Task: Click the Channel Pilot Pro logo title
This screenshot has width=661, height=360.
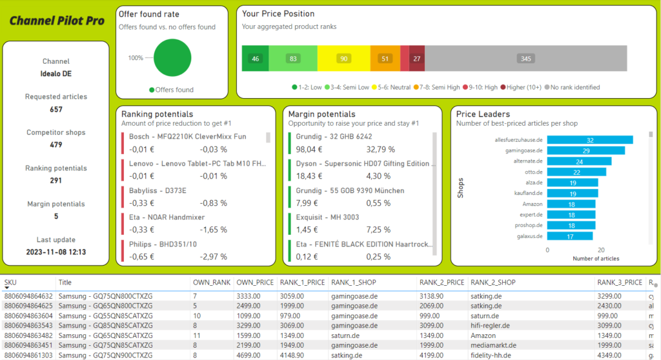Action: click(57, 21)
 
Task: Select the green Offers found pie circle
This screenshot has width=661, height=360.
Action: click(173, 57)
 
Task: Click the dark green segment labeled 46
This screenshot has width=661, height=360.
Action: click(256, 59)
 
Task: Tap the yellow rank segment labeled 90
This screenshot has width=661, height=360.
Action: click(343, 59)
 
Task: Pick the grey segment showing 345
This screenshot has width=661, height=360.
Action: click(525, 59)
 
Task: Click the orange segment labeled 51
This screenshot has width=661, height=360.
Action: click(385, 59)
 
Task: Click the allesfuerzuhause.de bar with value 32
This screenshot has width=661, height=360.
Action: click(589, 140)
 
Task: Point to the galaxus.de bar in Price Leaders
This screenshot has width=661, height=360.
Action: click(570, 236)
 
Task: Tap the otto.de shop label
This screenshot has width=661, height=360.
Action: click(533, 172)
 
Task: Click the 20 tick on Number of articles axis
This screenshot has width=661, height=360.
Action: click(600, 250)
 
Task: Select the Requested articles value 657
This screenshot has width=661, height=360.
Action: click(56, 110)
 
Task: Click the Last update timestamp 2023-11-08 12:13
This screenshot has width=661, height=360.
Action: click(56, 252)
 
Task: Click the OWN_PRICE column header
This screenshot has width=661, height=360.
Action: click(254, 282)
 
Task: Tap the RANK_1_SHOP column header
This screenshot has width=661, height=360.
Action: click(353, 282)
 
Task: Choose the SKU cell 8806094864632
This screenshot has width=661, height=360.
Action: click(28, 295)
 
